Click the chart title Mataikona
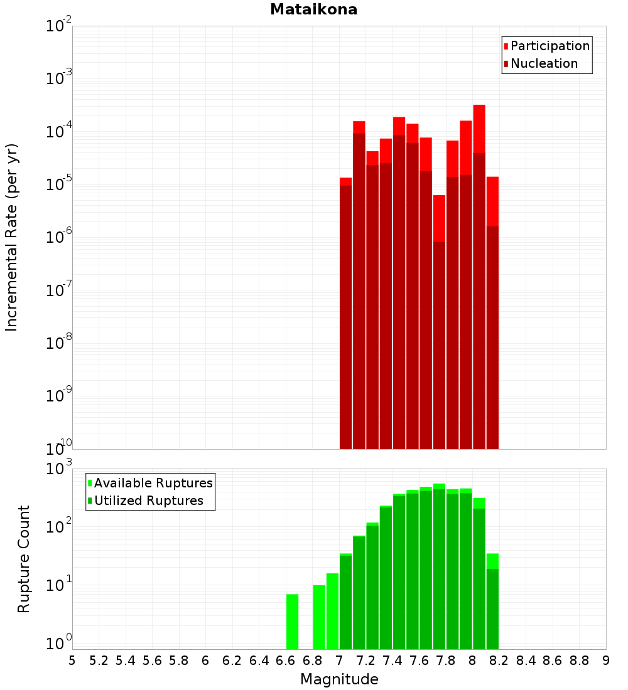[x=313, y=9]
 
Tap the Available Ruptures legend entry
[x=153, y=483]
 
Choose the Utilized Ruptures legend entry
[x=148, y=501]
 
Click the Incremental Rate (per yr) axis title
[x=12, y=237]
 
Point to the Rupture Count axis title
[x=24, y=558]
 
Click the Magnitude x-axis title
[x=339, y=679]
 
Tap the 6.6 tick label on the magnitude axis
[x=285, y=661]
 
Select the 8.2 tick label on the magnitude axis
[x=499, y=661]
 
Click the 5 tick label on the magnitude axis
[x=72, y=661]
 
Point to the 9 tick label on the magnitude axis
[x=605, y=661]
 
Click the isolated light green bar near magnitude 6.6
[x=292, y=621]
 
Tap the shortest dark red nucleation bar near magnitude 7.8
[x=439, y=345]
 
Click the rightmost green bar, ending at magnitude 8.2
[x=492, y=602]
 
